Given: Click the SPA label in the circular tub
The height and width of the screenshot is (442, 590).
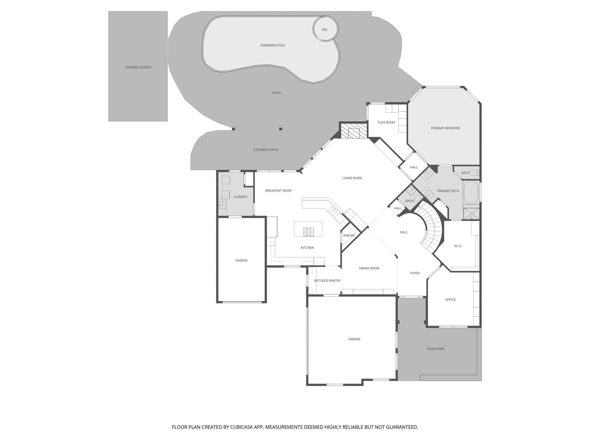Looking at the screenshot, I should click(x=324, y=30).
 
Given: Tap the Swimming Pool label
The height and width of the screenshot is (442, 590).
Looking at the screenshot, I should click(x=273, y=45).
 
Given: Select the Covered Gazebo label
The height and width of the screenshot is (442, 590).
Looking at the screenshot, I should click(x=138, y=67).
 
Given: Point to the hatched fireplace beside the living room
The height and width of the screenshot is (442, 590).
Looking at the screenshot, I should click(x=353, y=131).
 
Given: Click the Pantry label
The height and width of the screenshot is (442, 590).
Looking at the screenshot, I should click(x=349, y=236).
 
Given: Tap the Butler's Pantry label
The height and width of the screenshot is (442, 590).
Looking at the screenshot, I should click(x=327, y=281).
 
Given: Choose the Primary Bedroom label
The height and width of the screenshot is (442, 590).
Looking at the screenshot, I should click(x=445, y=128).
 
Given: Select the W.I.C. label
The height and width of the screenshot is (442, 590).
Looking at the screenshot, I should click(x=458, y=246).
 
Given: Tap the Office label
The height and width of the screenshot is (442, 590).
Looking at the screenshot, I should click(x=450, y=300).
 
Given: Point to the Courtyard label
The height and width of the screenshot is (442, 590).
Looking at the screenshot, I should click(x=435, y=349).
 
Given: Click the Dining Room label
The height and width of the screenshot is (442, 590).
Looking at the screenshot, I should click(x=369, y=268).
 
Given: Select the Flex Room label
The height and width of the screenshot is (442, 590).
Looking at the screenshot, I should click(x=386, y=123).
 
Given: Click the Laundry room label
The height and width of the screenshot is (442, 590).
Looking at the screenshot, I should click(x=240, y=197).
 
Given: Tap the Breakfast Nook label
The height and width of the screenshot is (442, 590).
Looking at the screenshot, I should click(x=278, y=191).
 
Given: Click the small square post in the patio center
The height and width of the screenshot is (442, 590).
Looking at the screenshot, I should click(x=281, y=129).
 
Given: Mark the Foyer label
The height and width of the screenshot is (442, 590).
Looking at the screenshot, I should click(x=415, y=273).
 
